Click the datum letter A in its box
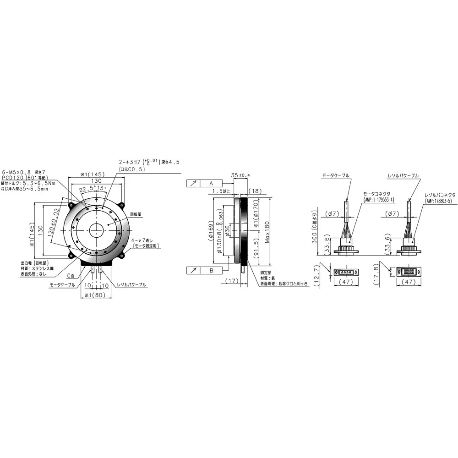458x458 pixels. pyautogui.click(x=211, y=183)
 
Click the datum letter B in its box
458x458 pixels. pyautogui.click(x=211, y=271)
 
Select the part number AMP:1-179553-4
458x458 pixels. pyautogui.click(x=378, y=200)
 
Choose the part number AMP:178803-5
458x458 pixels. pyautogui.click(x=438, y=200)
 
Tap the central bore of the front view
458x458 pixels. pyautogui.click(x=96, y=229)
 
